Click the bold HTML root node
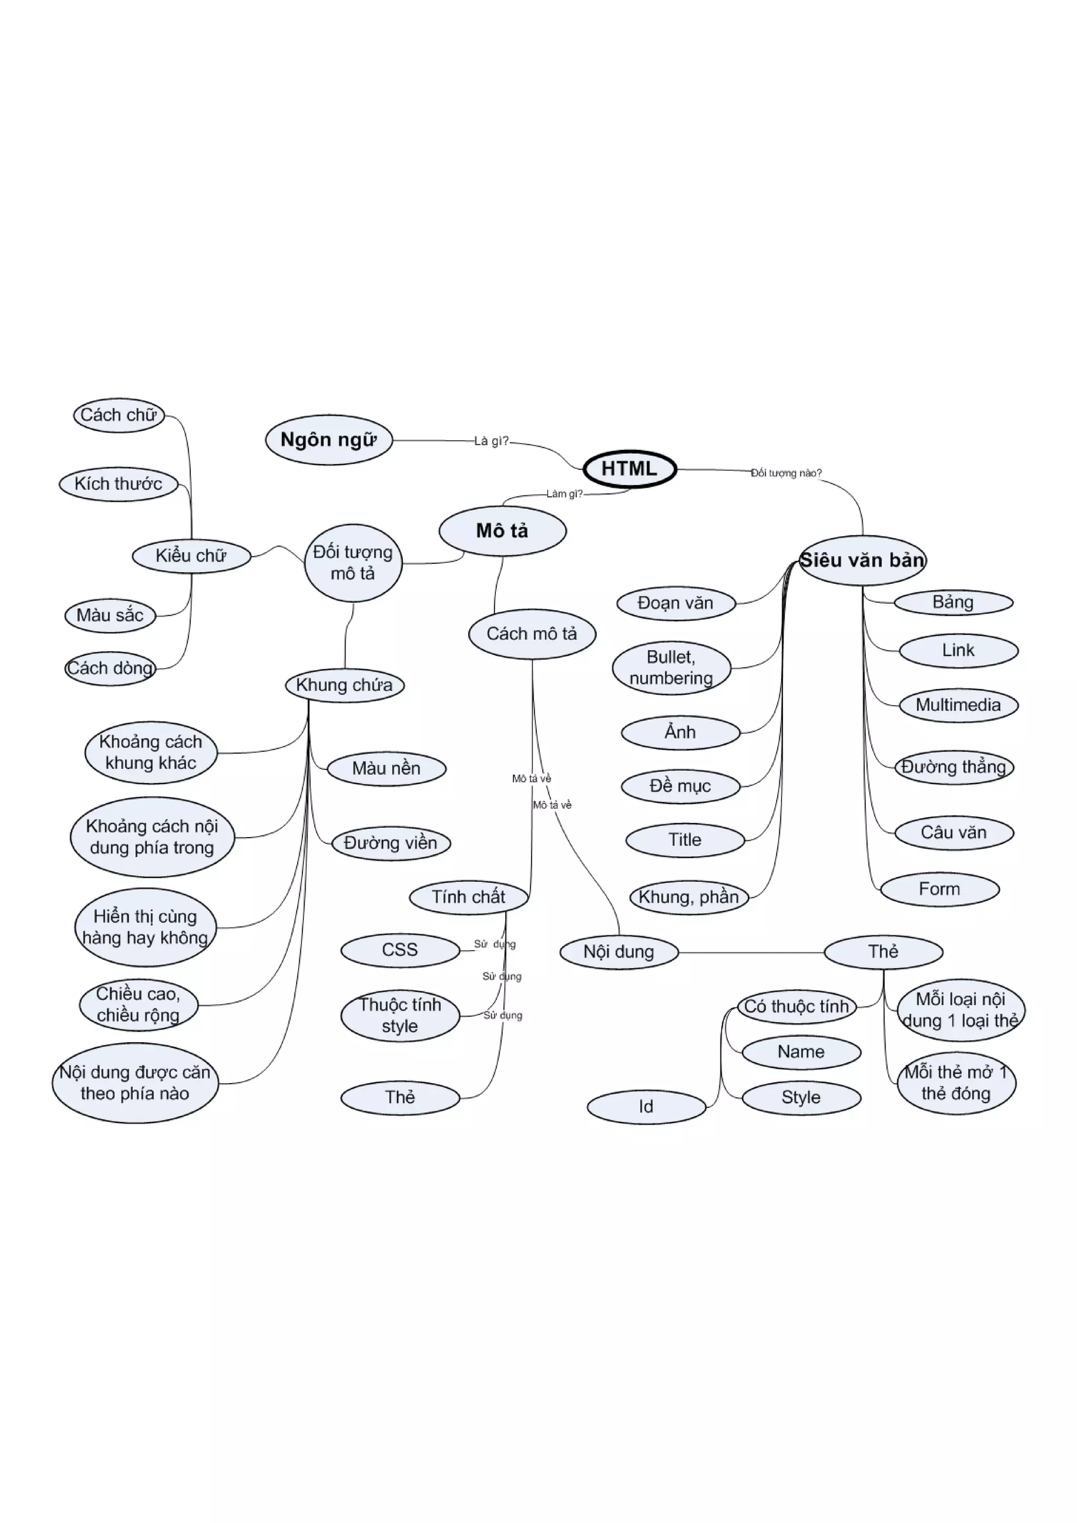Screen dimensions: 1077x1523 pyautogui.click(x=629, y=469)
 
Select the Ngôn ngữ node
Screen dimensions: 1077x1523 pyautogui.click(x=329, y=440)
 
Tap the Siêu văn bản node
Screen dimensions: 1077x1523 pyautogui.click(x=862, y=561)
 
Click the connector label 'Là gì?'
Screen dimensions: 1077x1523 pyautogui.click(x=491, y=441)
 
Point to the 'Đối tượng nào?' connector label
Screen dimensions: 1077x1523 pyautogui.click(x=786, y=473)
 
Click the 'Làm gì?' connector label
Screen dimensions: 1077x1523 pyautogui.click(x=564, y=493)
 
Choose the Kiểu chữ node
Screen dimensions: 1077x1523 pyautogui.click(x=191, y=556)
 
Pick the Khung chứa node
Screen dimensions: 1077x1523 pyautogui.click(x=344, y=685)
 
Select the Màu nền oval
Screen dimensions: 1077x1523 pyautogui.click(x=386, y=769)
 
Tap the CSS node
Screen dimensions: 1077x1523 pyautogui.click(x=400, y=950)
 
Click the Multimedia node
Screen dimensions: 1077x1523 pyautogui.click(x=958, y=705)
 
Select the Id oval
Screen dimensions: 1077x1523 pyautogui.click(x=646, y=1106)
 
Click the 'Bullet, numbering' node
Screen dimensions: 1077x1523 pyautogui.click(x=671, y=668)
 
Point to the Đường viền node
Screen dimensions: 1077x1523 pyautogui.click(x=390, y=843)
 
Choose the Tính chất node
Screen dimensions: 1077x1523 pyautogui.click(x=469, y=898)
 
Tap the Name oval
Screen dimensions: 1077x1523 pyautogui.click(x=801, y=1052)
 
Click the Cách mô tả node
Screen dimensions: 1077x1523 pyautogui.click(x=532, y=634)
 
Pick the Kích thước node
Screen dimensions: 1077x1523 pyautogui.click(x=118, y=484)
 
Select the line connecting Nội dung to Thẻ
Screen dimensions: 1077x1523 pyautogui.click(x=750, y=953)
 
